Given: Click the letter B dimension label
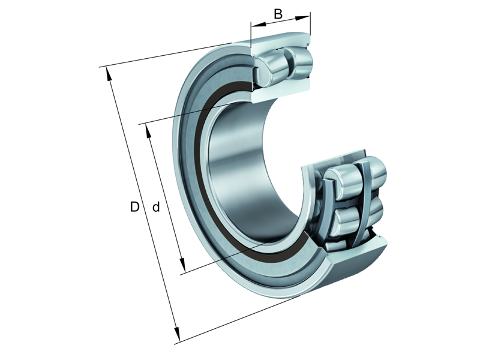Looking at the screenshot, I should (x=278, y=13).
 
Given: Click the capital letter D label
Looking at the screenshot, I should (x=135, y=207).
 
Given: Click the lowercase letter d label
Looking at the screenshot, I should (x=156, y=208).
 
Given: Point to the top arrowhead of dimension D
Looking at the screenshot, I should (x=108, y=71).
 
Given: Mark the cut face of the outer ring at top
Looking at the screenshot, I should (x=281, y=43).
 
